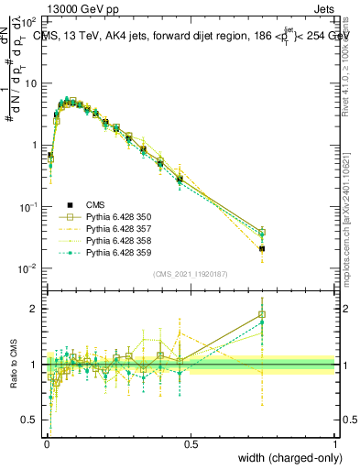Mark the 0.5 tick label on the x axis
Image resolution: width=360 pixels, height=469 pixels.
[x=191, y=442]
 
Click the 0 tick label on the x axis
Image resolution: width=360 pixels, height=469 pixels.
[x=47, y=442]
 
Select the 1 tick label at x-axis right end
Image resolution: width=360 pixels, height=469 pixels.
[x=334, y=442]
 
